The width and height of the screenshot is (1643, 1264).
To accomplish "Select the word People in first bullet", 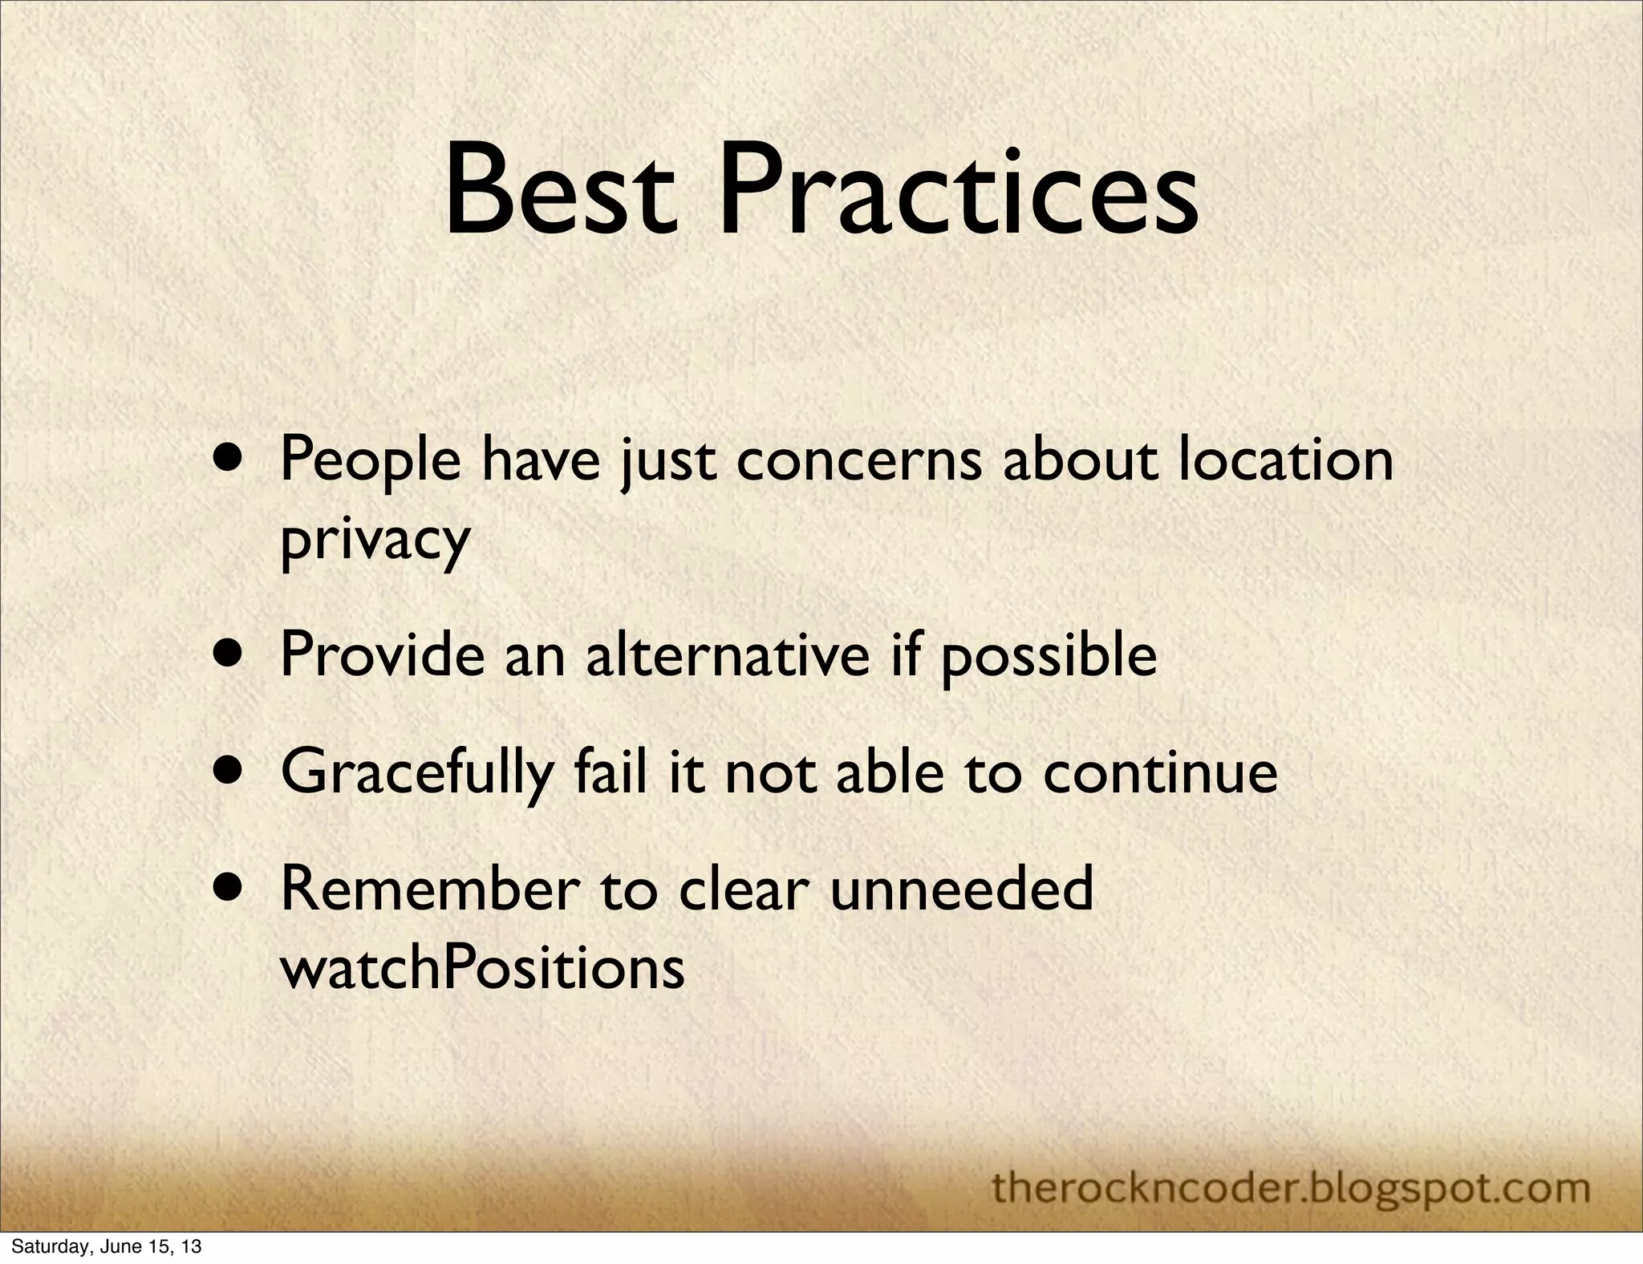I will click(x=371, y=464).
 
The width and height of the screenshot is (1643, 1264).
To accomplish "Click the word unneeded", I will click(x=961, y=889).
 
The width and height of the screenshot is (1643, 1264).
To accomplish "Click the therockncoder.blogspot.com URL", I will click(x=1291, y=1186).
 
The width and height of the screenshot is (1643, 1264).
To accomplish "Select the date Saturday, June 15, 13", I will click(x=106, y=1246).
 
